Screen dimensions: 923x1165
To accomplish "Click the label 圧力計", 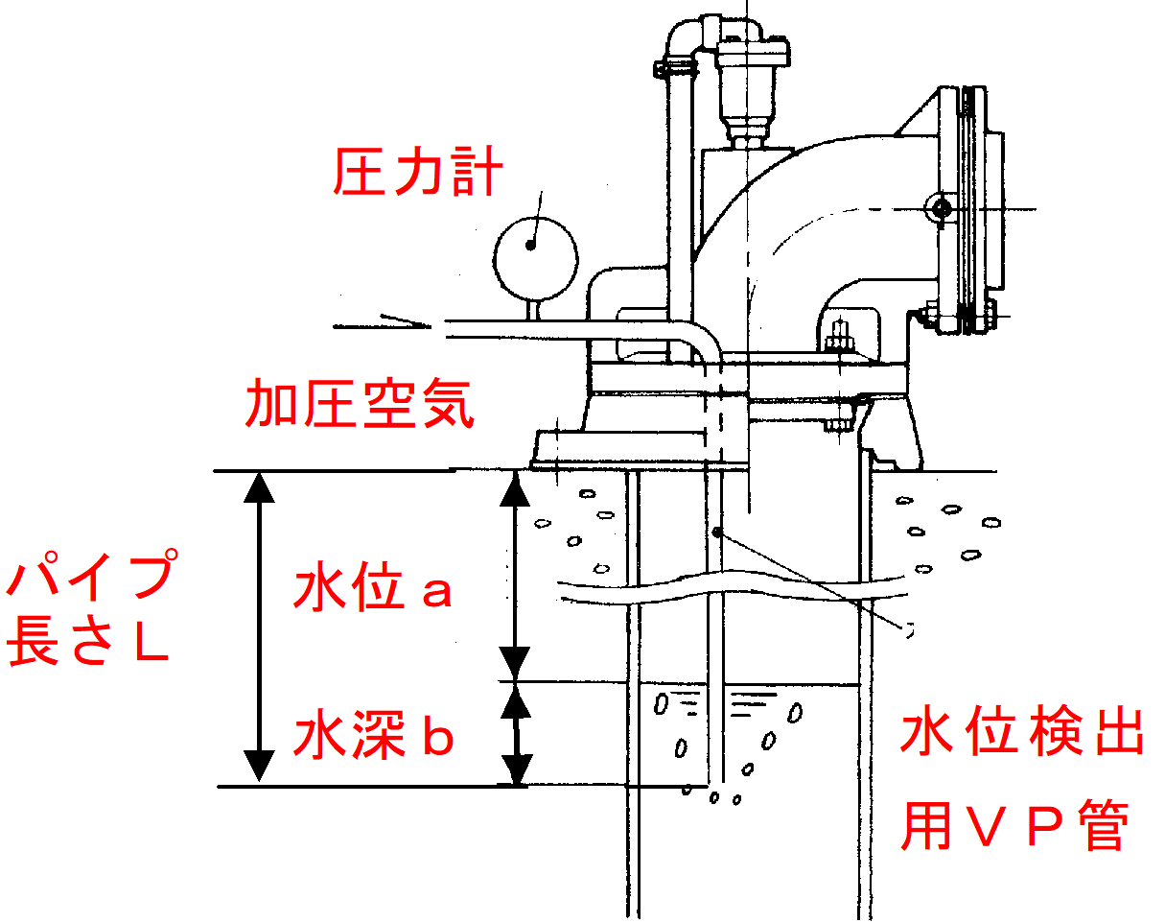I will point(418,174).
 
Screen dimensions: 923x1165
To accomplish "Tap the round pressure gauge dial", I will point(536,252).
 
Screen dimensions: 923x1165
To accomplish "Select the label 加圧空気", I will point(361,403).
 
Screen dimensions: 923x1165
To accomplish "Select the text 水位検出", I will point(1021,735).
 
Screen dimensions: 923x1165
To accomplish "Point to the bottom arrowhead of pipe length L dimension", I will point(259,767).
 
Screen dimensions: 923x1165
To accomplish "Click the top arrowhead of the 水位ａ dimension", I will point(517,489).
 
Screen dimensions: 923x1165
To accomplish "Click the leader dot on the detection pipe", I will point(715,532).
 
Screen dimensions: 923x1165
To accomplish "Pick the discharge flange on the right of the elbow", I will point(972,211).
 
